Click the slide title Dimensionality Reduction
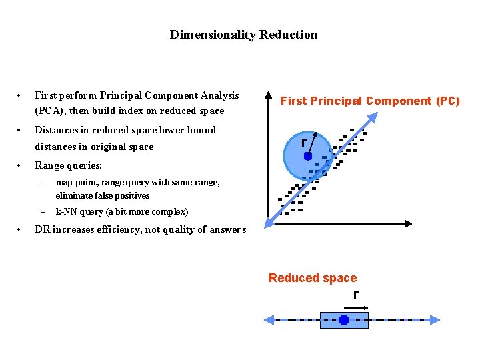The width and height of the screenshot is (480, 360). [x=243, y=35]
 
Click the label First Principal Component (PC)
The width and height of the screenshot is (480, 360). [x=370, y=101]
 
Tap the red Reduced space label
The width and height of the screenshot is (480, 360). [x=313, y=278]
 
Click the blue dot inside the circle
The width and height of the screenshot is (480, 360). [x=308, y=156]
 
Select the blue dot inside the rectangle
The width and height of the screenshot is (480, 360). [x=343, y=320]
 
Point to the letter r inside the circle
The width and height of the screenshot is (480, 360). [x=303, y=143]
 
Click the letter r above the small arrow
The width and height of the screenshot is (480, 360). [x=356, y=294]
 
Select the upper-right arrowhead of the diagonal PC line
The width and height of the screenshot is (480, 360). [x=374, y=117]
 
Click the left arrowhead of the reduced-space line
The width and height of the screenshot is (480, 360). [x=268, y=320]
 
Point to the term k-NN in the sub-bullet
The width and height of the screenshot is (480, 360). [x=67, y=212]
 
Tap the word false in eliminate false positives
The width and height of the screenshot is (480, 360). [x=108, y=196]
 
